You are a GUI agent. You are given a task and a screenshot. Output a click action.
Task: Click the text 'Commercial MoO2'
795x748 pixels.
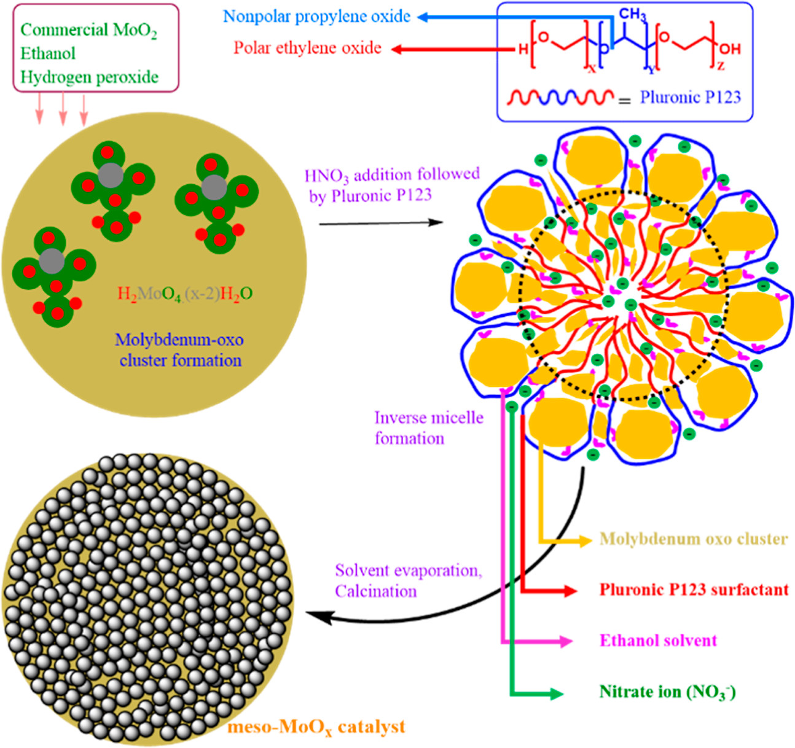88,30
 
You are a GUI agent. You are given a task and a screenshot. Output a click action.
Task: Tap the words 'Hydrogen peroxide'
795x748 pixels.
89,77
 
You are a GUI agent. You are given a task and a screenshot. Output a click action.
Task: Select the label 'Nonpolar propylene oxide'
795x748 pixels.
316,17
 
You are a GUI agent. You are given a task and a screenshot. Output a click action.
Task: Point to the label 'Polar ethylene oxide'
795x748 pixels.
307,48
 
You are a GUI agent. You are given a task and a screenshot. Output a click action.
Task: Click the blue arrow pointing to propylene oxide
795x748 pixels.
467,17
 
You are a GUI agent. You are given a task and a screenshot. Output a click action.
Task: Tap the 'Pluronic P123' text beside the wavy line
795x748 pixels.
690,97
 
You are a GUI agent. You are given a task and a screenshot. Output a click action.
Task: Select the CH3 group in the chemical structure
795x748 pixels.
632,14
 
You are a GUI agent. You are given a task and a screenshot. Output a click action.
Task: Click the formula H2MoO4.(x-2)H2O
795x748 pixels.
185,294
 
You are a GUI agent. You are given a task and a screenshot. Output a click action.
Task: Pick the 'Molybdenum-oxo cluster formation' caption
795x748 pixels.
179,350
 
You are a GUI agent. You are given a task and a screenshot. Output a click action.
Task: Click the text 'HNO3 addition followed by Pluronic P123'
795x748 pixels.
392,185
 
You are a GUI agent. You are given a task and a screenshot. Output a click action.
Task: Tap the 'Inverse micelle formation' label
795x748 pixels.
429,428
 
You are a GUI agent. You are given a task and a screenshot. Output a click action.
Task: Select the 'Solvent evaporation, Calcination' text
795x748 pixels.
408,580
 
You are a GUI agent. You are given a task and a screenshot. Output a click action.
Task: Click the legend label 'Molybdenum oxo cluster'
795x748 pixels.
693,539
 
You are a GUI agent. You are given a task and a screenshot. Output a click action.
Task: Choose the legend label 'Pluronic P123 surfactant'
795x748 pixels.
694,590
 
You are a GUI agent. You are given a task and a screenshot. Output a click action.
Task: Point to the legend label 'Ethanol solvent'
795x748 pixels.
658,641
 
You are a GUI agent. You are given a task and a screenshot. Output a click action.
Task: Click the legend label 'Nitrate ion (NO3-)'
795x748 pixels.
667,692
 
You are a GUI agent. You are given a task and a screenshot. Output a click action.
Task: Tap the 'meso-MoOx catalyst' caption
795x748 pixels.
316,727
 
